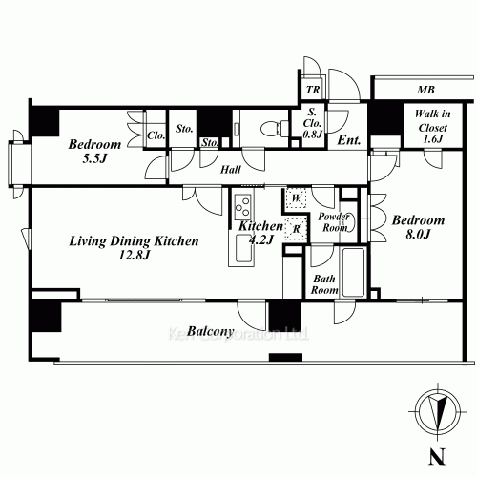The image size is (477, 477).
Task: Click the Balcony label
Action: (210, 332)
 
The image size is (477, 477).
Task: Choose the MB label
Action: (425, 90)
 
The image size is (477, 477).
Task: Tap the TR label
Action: (312, 91)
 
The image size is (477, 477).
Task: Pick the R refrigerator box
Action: (297, 230)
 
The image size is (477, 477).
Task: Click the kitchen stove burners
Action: (242, 206)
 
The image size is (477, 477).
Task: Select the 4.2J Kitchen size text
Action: (261, 240)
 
